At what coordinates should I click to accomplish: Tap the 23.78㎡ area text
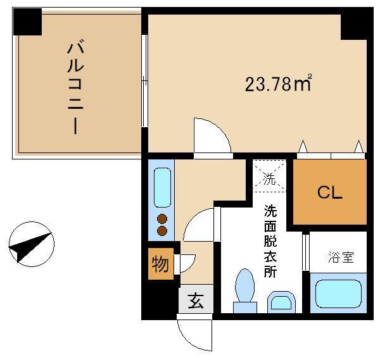(x=278, y=83)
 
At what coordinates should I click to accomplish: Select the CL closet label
(x=329, y=192)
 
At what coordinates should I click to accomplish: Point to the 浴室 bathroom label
(x=341, y=257)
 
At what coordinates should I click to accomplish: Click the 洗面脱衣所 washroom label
(x=270, y=241)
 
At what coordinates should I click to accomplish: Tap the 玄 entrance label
(x=196, y=301)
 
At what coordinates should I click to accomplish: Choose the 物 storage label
(x=160, y=264)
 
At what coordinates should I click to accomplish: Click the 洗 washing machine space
(x=270, y=175)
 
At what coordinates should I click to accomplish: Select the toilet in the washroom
(x=245, y=290)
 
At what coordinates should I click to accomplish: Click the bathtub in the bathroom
(x=339, y=294)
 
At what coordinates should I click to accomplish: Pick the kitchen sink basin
(x=162, y=187)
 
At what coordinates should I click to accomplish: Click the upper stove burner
(x=162, y=219)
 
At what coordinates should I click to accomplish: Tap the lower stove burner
(x=162, y=231)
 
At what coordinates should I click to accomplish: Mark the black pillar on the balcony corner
(x=27, y=22)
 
